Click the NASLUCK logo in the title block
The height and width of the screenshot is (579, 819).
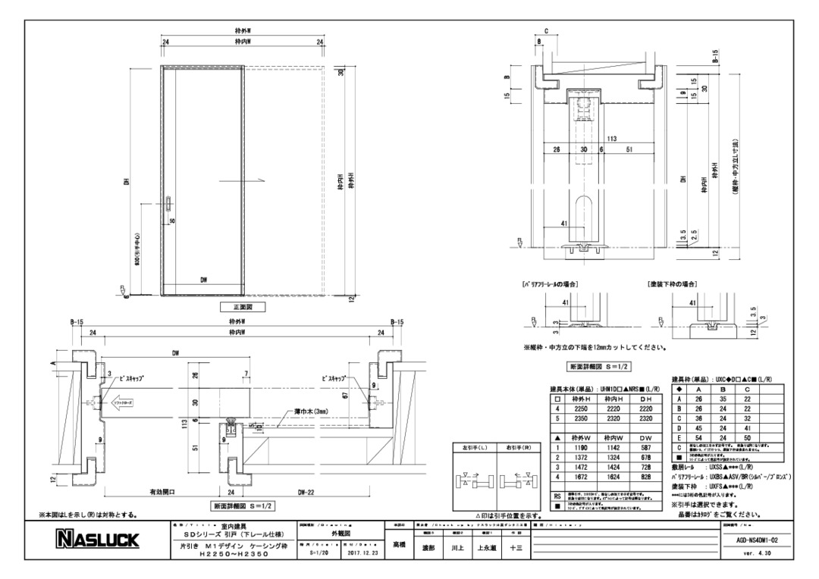(x=96, y=540)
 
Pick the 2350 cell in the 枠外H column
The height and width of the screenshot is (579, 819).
(x=581, y=417)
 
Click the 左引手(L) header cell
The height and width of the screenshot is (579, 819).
(x=475, y=449)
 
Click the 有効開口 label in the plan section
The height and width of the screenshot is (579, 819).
(x=161, y=492)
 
